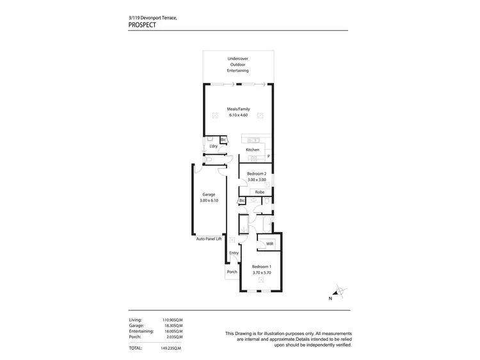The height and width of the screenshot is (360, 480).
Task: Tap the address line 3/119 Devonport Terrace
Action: [148, 18]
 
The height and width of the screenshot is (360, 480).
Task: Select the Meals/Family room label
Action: [238, 109]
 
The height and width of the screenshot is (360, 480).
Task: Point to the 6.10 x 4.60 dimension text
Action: [238, 115]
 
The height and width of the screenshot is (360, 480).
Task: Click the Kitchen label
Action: [252, 150]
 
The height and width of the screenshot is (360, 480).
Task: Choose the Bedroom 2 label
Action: [256, 174]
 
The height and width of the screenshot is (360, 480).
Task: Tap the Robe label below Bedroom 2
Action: [260, 192]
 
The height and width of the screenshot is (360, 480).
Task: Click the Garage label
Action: [209, 194]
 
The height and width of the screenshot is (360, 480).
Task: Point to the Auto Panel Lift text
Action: [209, 239]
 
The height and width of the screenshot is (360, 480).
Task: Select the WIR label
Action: [270, 244]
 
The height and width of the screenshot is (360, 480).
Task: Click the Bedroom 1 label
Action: [262, 267]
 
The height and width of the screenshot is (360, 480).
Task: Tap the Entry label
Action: [234, 253]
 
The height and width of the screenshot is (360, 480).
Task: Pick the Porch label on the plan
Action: [232, 272]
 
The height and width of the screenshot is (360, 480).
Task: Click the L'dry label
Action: [214, 146]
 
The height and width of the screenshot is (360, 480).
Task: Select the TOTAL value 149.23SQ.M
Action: [171, 348]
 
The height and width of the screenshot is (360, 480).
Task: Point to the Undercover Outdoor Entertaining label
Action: [238, 65]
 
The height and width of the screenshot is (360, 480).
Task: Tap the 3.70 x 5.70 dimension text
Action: [262, 273]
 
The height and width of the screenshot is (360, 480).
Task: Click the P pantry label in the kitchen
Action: [269, 156]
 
